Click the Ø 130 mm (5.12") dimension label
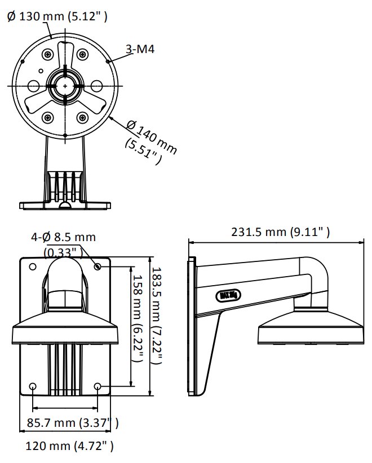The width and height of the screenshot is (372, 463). pos(57,17)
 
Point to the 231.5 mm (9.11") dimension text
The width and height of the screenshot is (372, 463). pos(280,232)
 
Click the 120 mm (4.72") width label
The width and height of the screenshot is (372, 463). pos(70,447)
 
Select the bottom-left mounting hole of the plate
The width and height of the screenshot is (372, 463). pos(33,387)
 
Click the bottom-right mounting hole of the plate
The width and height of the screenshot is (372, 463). pos(99,387)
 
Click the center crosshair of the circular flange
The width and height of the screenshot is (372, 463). pos(65,85)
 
